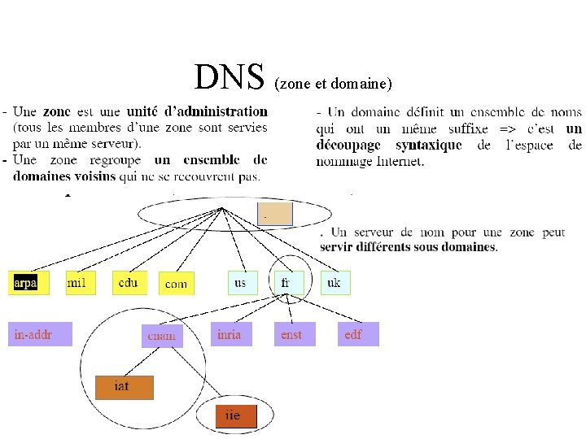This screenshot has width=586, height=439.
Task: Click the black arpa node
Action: click(28, 283)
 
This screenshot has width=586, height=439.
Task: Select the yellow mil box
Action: click(78, 283)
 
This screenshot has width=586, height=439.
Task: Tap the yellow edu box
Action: click(129, 282)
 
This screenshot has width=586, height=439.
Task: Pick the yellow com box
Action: click(176, 284)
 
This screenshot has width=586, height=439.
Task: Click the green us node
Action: click(242, 282)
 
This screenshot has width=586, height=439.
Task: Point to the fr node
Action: click(286, 282)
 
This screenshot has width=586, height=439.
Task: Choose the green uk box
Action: click(335, 282)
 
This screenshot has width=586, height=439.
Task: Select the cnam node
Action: click(162, 335)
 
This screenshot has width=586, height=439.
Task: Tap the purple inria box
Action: click(230, 334)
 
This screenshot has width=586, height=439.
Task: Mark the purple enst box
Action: click(292, 334)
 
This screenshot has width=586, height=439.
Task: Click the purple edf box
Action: click(358, 334)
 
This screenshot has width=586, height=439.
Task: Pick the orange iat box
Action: click(124, 387)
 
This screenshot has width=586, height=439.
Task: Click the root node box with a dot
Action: click(274, 213)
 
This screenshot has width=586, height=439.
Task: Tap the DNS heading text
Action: click(230, 78)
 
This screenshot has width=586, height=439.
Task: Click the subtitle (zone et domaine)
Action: click(334, 84)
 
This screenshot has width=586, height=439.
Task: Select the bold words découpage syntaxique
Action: click(389, 145)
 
